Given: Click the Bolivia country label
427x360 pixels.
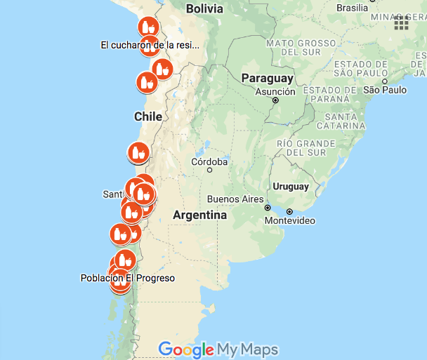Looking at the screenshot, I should click(204, 9).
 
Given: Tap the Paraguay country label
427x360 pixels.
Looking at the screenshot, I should click(268, 79).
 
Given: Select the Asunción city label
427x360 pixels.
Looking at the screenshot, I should click(275, 91).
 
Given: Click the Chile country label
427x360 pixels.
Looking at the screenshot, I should click(148, 116).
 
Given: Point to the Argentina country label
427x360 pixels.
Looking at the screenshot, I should click(199, 215).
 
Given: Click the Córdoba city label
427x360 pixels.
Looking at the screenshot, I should click(209, 162).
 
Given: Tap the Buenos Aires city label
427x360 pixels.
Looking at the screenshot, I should click(235, 199).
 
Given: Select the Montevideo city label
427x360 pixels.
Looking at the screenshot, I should click(289, 220).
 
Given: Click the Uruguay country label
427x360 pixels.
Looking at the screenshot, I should click(291, 187).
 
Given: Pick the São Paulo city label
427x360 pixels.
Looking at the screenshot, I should click(385, 90).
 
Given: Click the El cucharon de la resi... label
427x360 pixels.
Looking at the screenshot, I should click(150, 45).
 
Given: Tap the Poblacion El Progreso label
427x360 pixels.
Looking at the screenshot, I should click(128, 278).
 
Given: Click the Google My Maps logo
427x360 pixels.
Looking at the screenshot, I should click(218, 349).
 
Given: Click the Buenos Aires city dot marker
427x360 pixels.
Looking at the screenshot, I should click(268, 208).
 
